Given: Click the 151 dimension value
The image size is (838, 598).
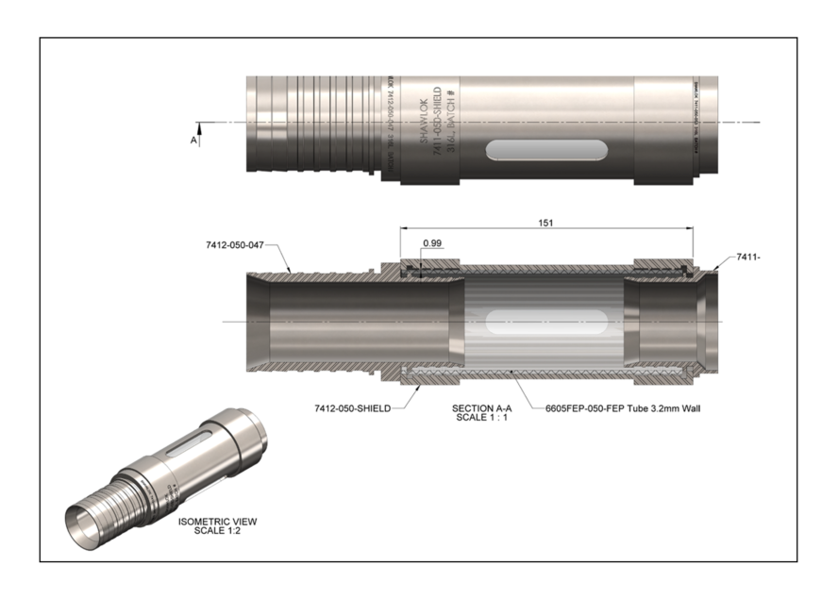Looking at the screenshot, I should coord(545,224).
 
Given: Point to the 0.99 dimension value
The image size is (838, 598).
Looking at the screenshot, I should coord(433,242).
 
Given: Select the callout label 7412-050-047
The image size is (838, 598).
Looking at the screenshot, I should coord(235,244).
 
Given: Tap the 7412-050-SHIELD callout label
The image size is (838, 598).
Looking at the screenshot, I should coord(352,408).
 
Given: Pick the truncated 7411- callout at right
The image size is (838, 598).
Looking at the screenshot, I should coord(748,257).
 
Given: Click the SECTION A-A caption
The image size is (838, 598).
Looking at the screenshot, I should coord(482,407).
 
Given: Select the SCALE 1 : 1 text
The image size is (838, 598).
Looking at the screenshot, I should coord(482,417).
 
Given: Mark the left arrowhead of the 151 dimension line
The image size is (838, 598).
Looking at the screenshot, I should coord(404,228).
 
